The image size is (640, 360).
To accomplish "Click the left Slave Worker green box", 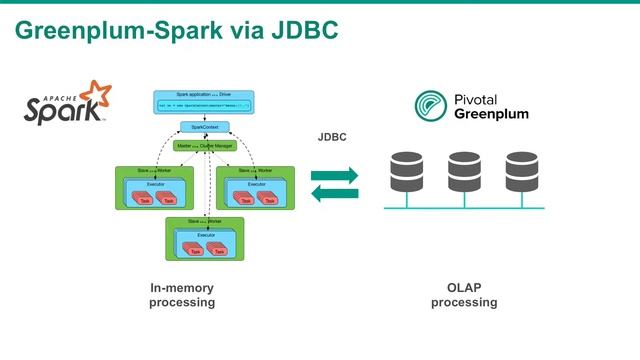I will pyautogui.click(x=151, y=186).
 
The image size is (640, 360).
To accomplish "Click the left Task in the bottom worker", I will pyautogui.click(x=187, y=250).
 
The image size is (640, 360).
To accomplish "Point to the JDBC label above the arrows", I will pyautogui.click(x=332, y=137).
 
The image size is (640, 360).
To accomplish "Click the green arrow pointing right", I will pyautogui.click(x=333, y=176).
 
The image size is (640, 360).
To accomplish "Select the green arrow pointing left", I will pyautogui.click(x=333, y=194).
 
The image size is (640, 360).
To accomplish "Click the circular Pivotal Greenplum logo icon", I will pyautogui.click(x=431, y=106).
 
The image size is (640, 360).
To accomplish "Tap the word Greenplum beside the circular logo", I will pyautogui.click(x=490, y=114).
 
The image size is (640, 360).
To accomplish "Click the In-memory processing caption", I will pyautogui.click(x=182, y=296).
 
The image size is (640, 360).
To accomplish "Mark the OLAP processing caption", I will pyautogui.click(x=464, y=296).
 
